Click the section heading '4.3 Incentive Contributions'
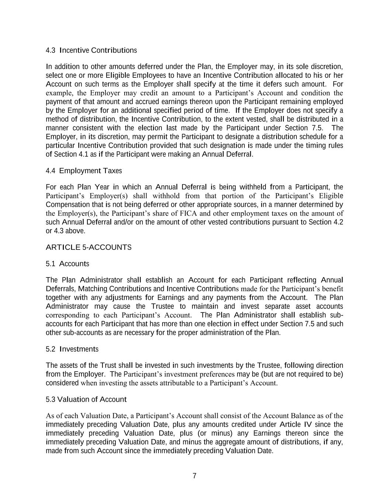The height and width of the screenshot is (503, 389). coord(91,50)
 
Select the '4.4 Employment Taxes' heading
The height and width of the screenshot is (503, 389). coord(84,171)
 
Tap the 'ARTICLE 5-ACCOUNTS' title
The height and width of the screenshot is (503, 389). coord(88,247)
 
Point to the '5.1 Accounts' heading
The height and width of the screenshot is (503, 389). coord(67,264)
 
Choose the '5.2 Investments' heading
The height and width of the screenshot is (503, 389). coord(72,349)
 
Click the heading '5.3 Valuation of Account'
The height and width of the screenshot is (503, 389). coord(86,399)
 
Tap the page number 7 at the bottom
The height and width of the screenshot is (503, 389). coord(194,476)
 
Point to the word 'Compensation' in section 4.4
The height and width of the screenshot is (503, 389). coord(67,205)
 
